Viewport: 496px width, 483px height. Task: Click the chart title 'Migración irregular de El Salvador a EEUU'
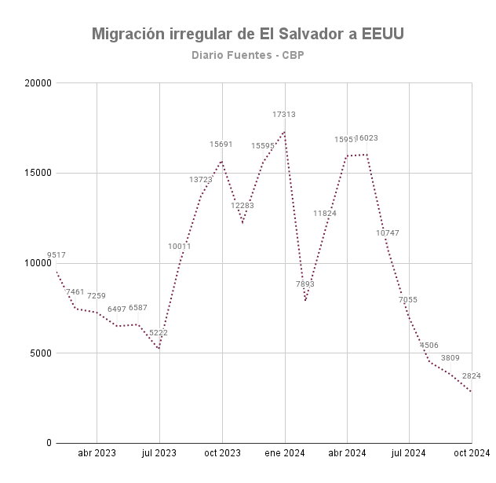click(248, 35)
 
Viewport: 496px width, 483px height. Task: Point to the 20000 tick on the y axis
click(37, 82)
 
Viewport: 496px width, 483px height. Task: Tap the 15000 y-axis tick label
click(37, 173)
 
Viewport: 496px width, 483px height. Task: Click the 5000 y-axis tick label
click(39, 353)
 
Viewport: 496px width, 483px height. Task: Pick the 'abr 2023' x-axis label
click(97, 453)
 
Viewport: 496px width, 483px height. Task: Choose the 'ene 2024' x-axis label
click(284, 453)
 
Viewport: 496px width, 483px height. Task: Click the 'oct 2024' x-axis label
click(471, 453)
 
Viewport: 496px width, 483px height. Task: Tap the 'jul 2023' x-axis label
click(159, 453)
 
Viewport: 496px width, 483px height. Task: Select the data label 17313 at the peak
click(284, 115)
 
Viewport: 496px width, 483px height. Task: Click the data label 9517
click(57, 255)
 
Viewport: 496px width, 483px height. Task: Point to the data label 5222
click(159, 333)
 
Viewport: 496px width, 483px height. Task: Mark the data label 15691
click(221, 145)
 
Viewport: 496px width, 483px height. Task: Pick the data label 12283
click(243, 206)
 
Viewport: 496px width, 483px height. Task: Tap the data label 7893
click(305, 284)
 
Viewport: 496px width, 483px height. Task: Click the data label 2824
click(472, 376)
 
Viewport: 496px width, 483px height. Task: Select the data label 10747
click(388, 233)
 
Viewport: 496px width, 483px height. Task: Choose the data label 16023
click(367, 138)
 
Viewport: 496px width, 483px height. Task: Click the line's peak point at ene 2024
click(284, 130)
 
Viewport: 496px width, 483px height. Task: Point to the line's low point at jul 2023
click(159, 349)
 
